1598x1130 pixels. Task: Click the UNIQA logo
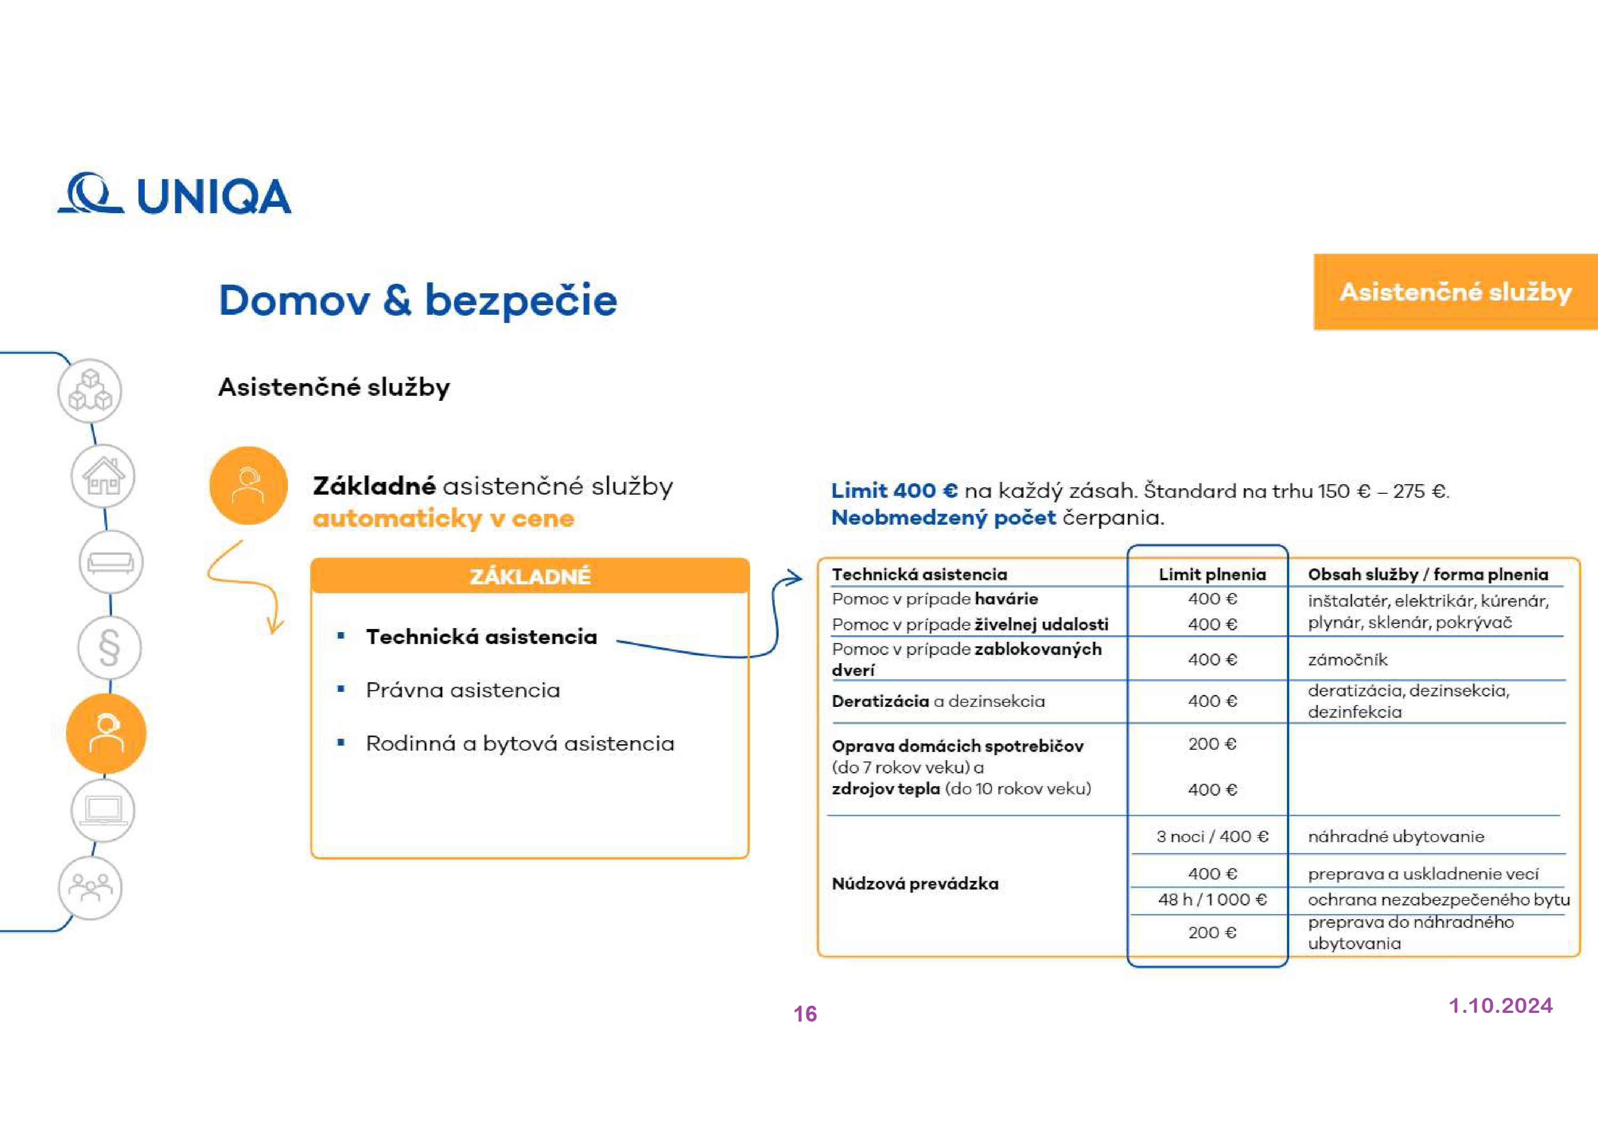click(174, 194)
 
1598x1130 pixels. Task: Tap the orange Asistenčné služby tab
click(1455, 292)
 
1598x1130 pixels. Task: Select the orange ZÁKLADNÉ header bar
click(530, 576)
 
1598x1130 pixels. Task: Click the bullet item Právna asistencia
click(463, 690)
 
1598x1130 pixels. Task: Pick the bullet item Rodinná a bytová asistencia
click(520, 744)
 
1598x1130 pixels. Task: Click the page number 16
click(805, 1014)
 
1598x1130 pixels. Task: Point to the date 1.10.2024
click(1501, 1005)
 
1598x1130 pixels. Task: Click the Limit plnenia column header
click(1212, 574)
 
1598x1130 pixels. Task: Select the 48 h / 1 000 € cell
click(1212, 900)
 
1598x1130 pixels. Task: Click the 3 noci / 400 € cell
click(1212, 836)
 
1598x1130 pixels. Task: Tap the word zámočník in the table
click(1348, 660)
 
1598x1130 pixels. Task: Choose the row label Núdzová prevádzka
click(914, 884)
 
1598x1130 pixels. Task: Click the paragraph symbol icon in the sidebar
click(109, 648)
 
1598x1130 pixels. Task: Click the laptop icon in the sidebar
click(103, 810)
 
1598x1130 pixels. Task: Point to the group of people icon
click(90, 888)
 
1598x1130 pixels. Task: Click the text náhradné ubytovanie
click(1395, 836)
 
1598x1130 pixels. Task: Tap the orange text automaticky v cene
click(444, 519)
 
